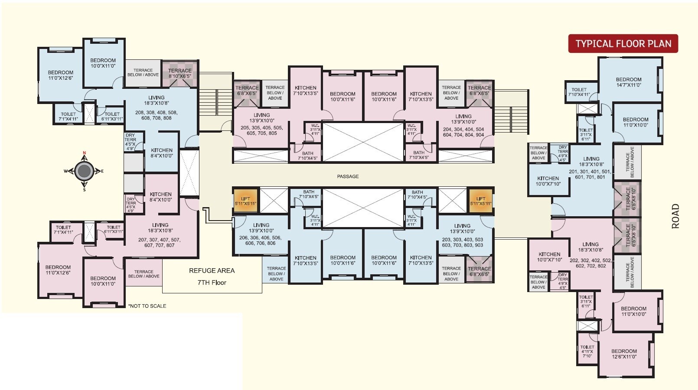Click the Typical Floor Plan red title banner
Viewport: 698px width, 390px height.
point(623,44)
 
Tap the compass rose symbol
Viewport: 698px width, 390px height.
point(84,171)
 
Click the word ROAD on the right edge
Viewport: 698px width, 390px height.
point(675,216)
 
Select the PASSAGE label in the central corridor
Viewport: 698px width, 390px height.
point(348,176)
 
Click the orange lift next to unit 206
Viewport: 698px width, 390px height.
point(246,201)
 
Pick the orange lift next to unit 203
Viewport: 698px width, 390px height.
point(481,201)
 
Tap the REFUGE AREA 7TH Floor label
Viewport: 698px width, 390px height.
point(212,276)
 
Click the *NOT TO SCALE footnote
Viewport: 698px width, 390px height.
point(147,306)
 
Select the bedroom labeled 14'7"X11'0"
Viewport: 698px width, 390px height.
point(628,82)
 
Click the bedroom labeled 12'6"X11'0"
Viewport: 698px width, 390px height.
point(624,354)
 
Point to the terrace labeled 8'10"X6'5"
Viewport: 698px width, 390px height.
point(179,73)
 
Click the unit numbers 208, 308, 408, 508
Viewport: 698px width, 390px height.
point(156,115)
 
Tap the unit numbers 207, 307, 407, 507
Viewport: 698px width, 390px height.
point(160,242)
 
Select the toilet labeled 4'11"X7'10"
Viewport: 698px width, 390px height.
point(587,351)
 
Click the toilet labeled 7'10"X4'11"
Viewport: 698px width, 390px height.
point(579,92)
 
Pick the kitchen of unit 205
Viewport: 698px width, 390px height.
point(305,90)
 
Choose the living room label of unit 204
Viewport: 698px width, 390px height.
point(463,119)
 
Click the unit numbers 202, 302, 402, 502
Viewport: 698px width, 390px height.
point(590,263)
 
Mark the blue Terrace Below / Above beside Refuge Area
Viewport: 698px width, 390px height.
point(276,273)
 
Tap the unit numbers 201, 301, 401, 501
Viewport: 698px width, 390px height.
point(590,174)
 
